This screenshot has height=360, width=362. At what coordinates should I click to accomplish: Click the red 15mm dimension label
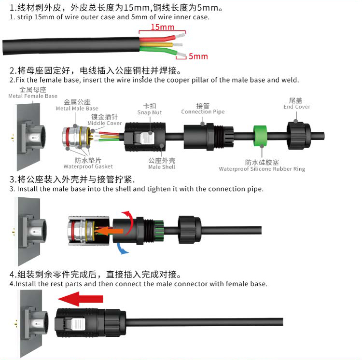pyautogui.click(x=162, y=27)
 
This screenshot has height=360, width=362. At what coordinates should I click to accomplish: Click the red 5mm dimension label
pyautogui.click(x=198, y=56)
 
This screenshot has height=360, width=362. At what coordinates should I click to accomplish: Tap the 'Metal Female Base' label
pyautogui.click(x=33, y=96)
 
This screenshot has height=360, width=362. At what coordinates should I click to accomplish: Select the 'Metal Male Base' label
pyautogui.click(x=77, y=108)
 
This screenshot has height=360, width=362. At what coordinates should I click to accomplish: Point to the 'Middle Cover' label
pyautogui.click(x=105, y=123)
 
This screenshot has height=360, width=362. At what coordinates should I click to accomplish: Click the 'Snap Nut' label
pyautogui.click(x=149, y=112)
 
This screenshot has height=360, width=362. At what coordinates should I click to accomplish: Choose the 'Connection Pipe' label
pyautogui.click(x=203, y=111)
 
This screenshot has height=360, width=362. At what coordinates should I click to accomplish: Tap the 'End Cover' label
pyautogui.click(x=297, y=107)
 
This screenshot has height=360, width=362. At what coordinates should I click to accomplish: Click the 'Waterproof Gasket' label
pyautogui.click(x=88, y=166)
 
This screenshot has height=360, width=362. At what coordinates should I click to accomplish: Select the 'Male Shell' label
pyautogui.click(x=162, y=167)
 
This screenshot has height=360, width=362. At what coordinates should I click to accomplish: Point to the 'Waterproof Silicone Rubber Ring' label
pyautogui.click(x=262, y=169)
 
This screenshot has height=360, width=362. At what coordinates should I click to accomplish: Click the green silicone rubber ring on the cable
pyautogui.click(x=260, y=136)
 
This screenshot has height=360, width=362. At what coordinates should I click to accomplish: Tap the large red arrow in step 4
pyautogui.click(x=80, y=299)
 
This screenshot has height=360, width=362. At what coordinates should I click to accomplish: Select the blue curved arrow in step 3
pyautogui.click(x=122, y=249)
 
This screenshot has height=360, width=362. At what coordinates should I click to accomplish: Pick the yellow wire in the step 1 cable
pyautogui.click(x=156, y=44)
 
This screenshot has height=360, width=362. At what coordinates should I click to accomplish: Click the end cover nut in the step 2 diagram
pyautogui.click(x=299, y=136)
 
